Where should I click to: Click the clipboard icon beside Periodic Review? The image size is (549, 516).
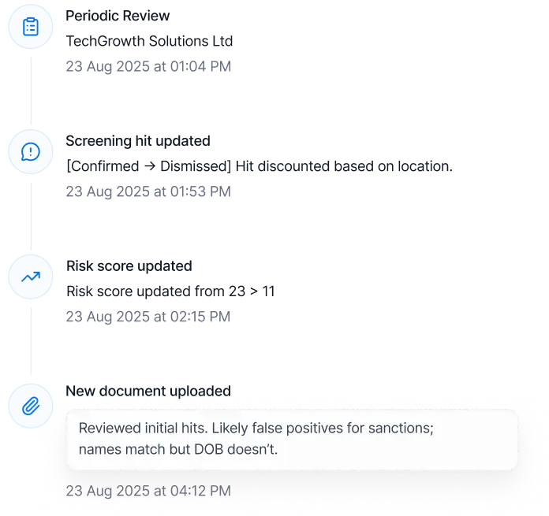pyautogui.click(x=31, y=27)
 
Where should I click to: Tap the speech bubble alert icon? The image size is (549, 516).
pyautogui.click(x=31, y=152)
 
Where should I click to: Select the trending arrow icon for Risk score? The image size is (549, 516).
pyautogui.click(x=31, y=277)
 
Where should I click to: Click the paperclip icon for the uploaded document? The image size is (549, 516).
pyautogui.click(x=31, y=406)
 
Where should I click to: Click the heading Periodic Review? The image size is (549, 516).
pyautogui.click(x=118, y=16)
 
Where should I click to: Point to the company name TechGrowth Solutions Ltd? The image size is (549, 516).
pyautogui.click(x=149, y=41)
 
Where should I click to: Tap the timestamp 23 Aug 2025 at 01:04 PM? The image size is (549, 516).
pyautogui.click(x=148, y=66)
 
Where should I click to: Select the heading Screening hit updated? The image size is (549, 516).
pyautogui.click(x=138, y=141)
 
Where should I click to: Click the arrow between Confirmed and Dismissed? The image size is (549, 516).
pyautogui.click(x=150, y=166)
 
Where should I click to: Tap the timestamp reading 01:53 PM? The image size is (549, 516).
pyautogui.click(x=148, y=191)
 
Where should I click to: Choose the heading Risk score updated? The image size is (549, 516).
pyautogui.click(x=129, y=266)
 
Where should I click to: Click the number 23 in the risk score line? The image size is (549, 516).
pyautogui.click(x=237, y=291)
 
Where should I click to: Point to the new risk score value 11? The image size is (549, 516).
pyautogui.click(x=268, y=291)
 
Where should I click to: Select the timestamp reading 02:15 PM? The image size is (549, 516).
pyautogui.click(x=148, y=317)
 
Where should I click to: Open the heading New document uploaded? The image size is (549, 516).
pyautogui.click(x=148, y=392)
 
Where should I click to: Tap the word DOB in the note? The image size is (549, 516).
pyautogui.click(x=209, y=450)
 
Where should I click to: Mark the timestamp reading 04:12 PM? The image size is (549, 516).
pyautogui.click(x=148, y=491)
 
